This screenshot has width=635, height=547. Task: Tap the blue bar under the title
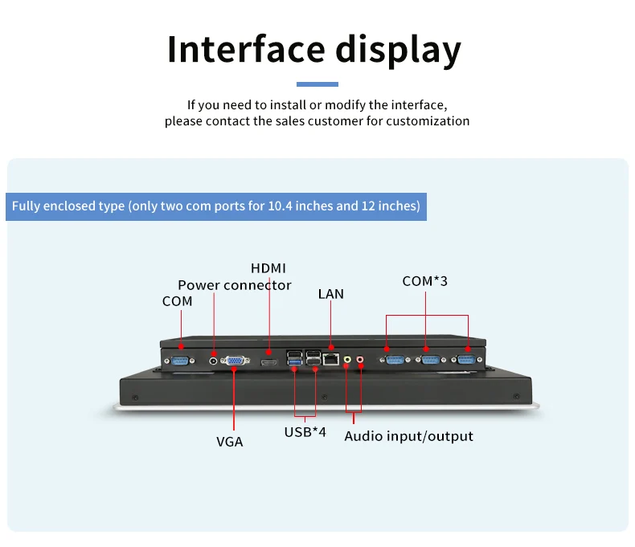tap(317, 84)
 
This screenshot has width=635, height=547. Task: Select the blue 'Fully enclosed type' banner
tap(216, 206)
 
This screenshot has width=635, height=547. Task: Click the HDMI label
tap(268, 268)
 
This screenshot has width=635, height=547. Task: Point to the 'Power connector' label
tap(235, 285)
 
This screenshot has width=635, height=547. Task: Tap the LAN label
tap(330, 294)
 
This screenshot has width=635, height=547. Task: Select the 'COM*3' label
tap(425, 281)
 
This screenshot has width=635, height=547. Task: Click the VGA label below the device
tap(229, 441)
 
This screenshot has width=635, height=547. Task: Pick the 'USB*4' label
tap(305, 432)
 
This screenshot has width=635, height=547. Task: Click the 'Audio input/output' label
tap(408, 436)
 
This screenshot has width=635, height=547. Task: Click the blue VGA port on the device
tap(235, 361)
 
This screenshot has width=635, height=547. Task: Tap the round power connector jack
tap(214, 360)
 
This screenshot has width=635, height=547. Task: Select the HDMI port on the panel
tap(269, 362)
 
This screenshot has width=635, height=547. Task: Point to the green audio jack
tap(347, 360)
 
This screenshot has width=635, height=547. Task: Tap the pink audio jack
tap(360, 360)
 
